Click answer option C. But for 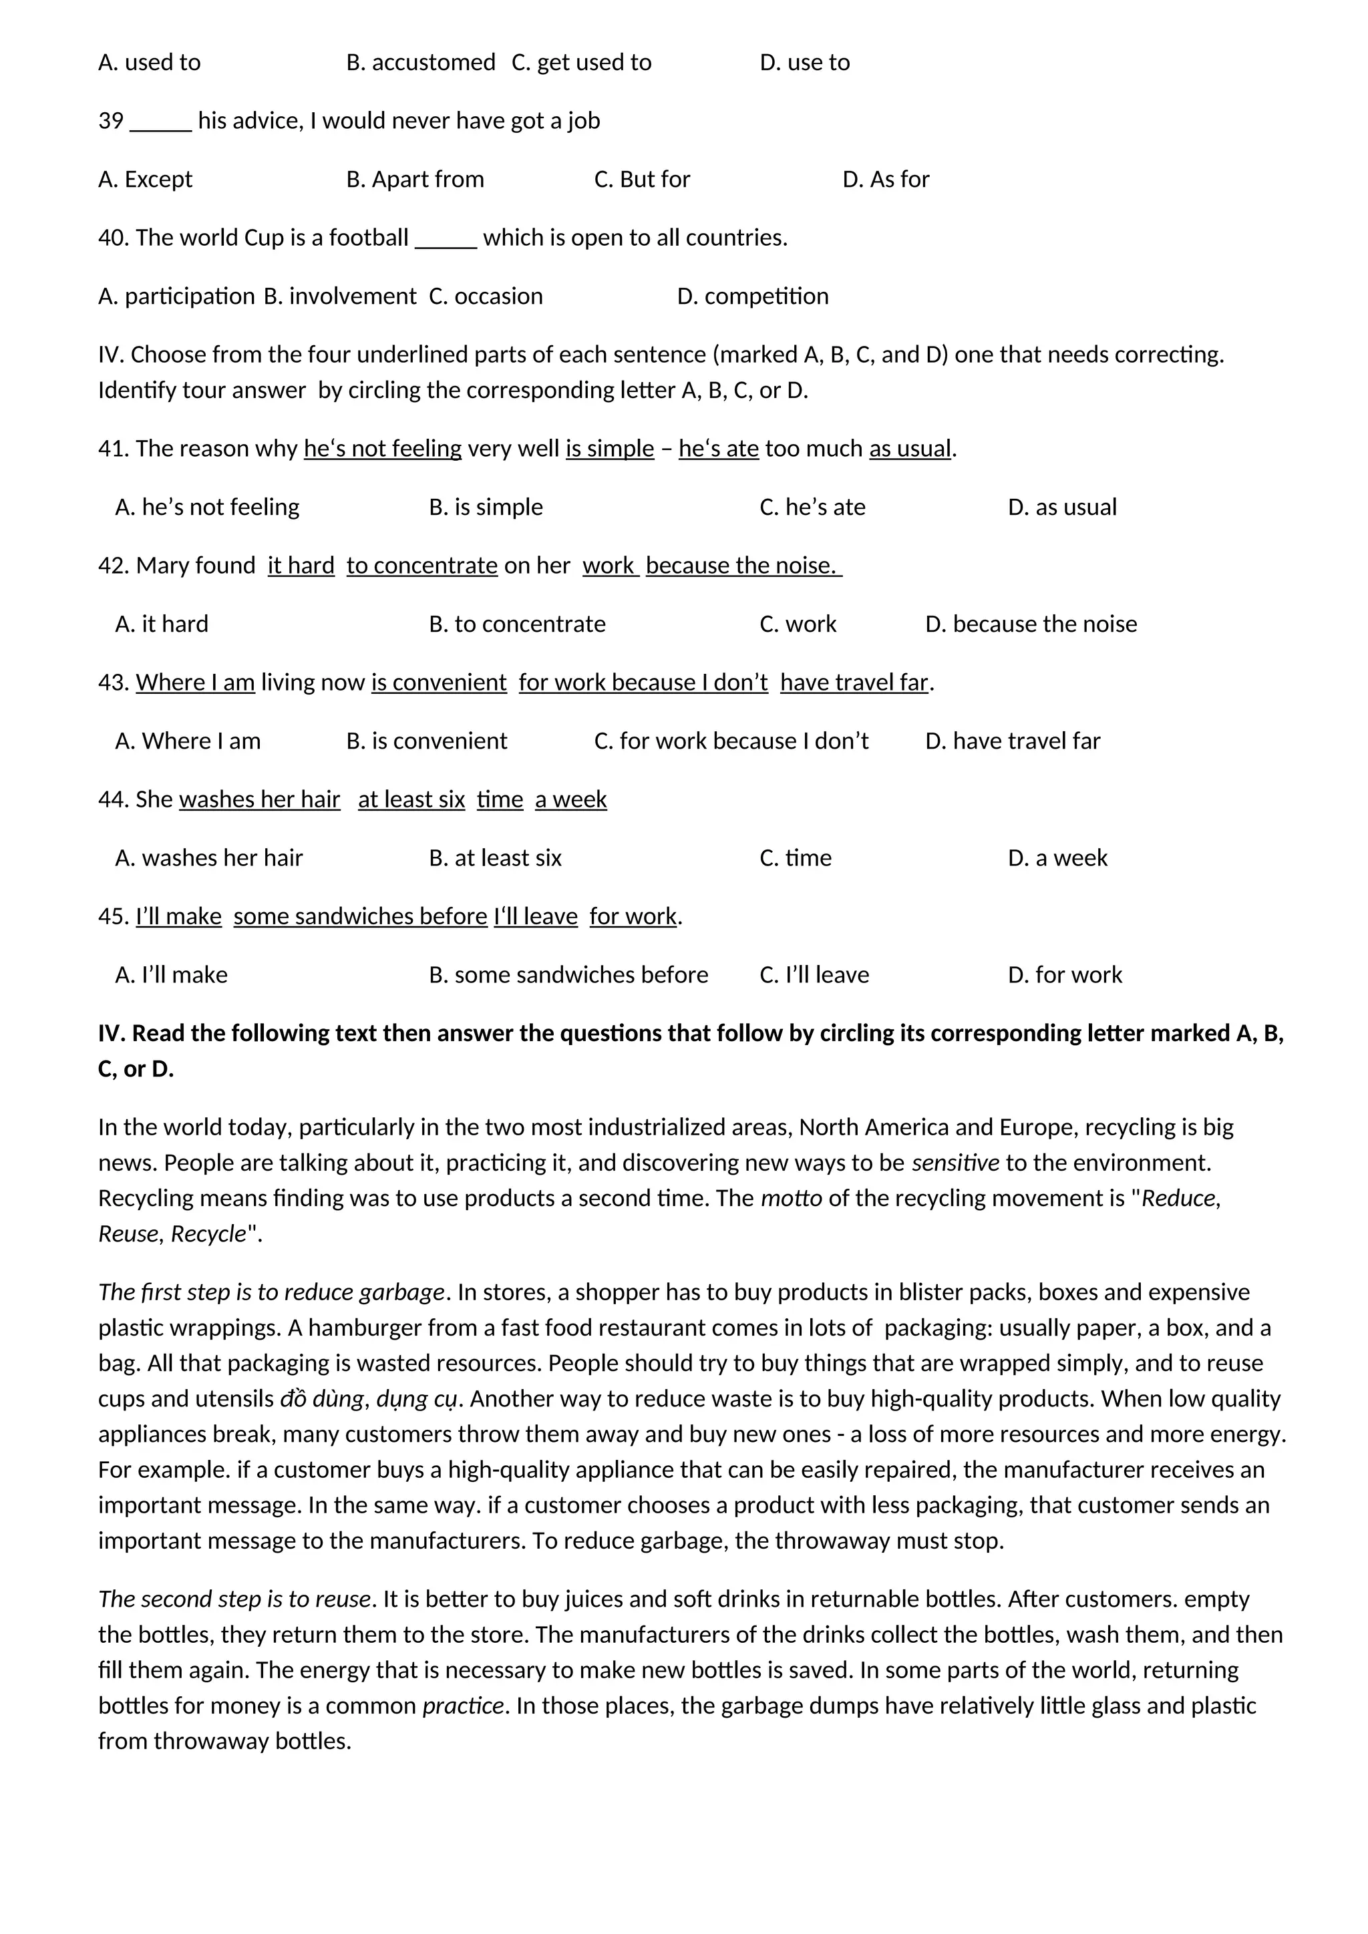[x=642, y=180]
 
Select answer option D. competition [x=752, y=297]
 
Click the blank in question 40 [x=446, y=239]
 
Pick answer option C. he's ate [x=812, y=507]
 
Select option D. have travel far [x=1012, y=741]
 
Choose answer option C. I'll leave [x=814, y=976]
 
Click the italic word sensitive [x=955, y=1163]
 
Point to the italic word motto [x=791, y=1199]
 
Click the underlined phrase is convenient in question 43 [x=439, y=683]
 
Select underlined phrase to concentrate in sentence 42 [x=422, y=565]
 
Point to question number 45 [x=113, y=916]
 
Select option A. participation [x=176, y=297]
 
